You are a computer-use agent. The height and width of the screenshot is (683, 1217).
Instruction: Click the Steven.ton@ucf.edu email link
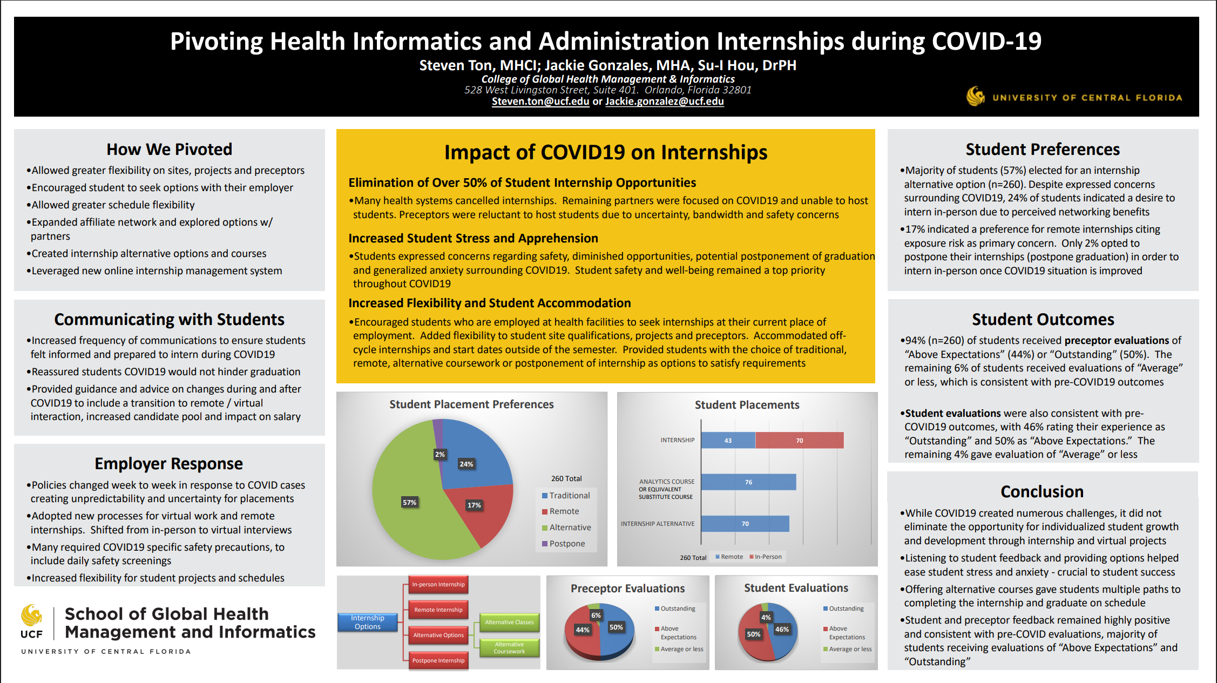540,102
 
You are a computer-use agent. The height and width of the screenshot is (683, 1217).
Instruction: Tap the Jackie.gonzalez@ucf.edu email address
664,102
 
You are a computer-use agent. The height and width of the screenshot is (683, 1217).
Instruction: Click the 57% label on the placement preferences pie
409,503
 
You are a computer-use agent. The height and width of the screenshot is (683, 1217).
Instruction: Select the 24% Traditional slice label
466,464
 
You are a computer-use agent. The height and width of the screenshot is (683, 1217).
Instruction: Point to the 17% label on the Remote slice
474,505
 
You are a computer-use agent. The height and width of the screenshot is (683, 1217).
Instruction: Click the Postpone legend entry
566,544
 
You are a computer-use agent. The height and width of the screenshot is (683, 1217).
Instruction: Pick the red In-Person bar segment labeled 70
799,441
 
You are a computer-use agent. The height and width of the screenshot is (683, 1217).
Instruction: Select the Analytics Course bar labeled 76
748,482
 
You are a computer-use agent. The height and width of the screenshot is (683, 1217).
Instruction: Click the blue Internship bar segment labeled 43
728,441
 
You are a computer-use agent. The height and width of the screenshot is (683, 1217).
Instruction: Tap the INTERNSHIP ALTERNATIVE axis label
657,524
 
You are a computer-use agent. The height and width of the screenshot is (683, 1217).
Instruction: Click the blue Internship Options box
368,623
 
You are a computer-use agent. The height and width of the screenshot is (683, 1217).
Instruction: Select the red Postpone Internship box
438,660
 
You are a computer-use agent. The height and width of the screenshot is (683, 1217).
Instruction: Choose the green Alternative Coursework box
509,648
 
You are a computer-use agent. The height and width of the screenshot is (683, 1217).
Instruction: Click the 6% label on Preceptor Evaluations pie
596,616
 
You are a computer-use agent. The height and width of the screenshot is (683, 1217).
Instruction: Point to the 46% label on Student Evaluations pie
782,630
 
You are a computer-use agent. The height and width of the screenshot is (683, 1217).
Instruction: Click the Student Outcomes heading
1043,320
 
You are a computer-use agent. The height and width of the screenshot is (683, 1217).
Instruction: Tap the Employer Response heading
168,464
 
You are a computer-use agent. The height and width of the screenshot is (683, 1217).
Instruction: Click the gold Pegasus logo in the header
975,97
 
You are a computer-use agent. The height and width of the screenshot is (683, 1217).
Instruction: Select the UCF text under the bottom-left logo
31,634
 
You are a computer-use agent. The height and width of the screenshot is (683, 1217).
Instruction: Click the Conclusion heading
1042,492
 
